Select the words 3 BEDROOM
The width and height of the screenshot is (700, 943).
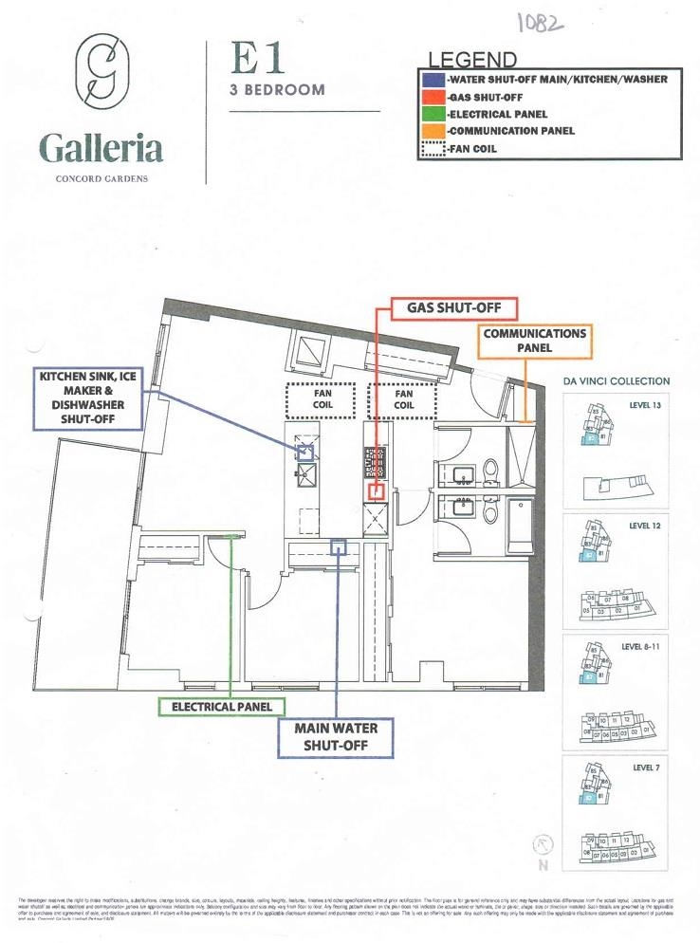click(x=277, y=90)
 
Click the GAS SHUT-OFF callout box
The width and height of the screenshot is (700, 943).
click(x=454, y=309)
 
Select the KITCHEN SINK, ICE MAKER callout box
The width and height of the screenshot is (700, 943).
click(x=89, y=397)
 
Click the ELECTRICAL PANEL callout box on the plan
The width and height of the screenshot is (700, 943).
click(x=221, y=707)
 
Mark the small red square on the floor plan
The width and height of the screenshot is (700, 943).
click(x=376, y=491)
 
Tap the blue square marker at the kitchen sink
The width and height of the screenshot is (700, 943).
click(x=304, y=452)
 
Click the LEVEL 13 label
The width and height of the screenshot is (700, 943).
click(x=646, y=405)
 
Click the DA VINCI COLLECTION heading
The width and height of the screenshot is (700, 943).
click(x=616, y=381)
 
